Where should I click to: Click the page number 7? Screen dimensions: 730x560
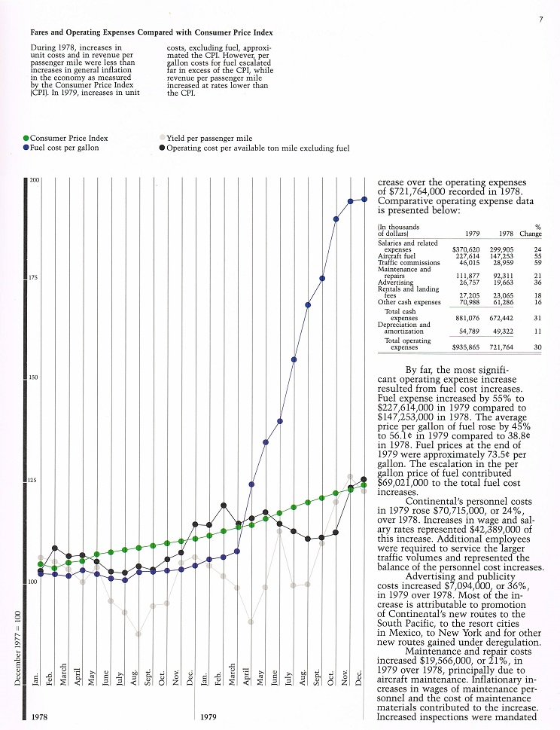tap(541, 20)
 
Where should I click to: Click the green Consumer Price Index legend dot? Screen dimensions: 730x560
tap(26, 139)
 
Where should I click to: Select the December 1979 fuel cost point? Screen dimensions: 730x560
tap(364, 200)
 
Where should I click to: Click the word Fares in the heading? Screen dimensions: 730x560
tap(40, 33)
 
